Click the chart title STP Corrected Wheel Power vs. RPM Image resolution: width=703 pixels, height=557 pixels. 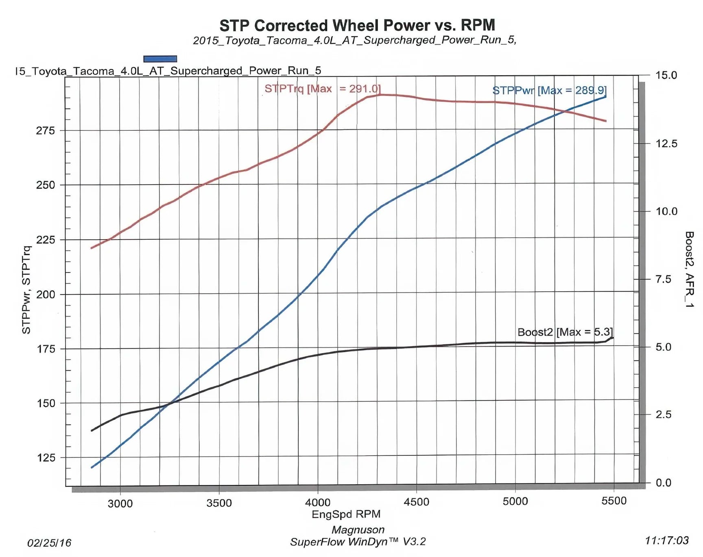point(357,25)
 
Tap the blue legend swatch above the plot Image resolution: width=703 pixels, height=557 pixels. point(160,59)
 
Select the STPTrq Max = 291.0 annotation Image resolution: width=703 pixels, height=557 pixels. point(322,89)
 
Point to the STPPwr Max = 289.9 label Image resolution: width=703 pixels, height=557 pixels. point(549,90)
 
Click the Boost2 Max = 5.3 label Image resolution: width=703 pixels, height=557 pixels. point(565,332)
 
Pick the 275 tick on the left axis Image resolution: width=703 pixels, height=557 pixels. point(45,130)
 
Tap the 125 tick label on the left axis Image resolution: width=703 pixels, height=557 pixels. point(46,457)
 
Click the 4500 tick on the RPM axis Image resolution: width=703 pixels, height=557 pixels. point(416,502)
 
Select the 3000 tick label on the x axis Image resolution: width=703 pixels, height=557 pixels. point(120,503)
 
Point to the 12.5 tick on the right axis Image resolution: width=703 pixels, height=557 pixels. point(666,143)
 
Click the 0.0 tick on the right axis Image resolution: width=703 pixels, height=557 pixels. point(663,483)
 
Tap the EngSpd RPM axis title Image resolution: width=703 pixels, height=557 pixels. point(346,514)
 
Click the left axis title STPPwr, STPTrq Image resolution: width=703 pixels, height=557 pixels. point(26,290)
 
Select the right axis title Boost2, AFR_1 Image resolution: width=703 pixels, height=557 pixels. point(689,269)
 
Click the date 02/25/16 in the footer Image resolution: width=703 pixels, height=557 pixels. point(49,543)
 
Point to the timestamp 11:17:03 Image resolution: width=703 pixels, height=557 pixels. point(666,540)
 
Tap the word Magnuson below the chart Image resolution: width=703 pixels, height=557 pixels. point(358,530)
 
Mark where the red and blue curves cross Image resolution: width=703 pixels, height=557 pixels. point(565,111)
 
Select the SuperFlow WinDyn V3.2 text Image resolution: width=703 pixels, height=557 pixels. point(358,542)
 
